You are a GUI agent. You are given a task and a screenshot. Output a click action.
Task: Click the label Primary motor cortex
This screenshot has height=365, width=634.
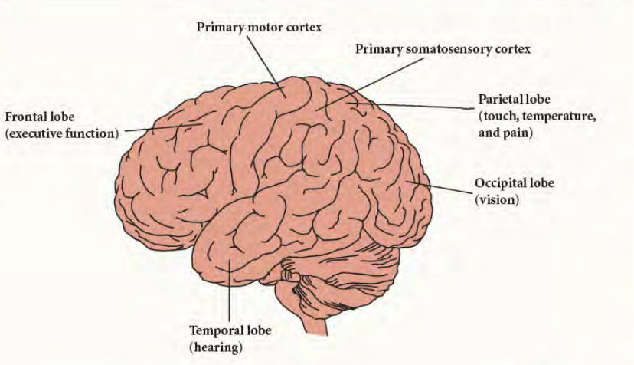coord(259,27)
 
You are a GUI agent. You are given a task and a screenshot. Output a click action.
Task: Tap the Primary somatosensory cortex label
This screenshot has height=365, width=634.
coord(443,49)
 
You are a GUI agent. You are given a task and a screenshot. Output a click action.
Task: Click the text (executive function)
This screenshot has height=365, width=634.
coord(62,133)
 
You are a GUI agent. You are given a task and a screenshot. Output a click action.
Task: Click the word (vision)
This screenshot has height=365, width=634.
coord(497,200)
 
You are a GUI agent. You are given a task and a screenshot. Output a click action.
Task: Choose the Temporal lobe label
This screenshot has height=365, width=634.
coord(230,330)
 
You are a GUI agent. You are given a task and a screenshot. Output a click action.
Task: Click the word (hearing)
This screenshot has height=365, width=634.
coord(217,347)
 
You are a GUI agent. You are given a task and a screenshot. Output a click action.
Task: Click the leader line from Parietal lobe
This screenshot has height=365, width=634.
coord(413,104)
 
